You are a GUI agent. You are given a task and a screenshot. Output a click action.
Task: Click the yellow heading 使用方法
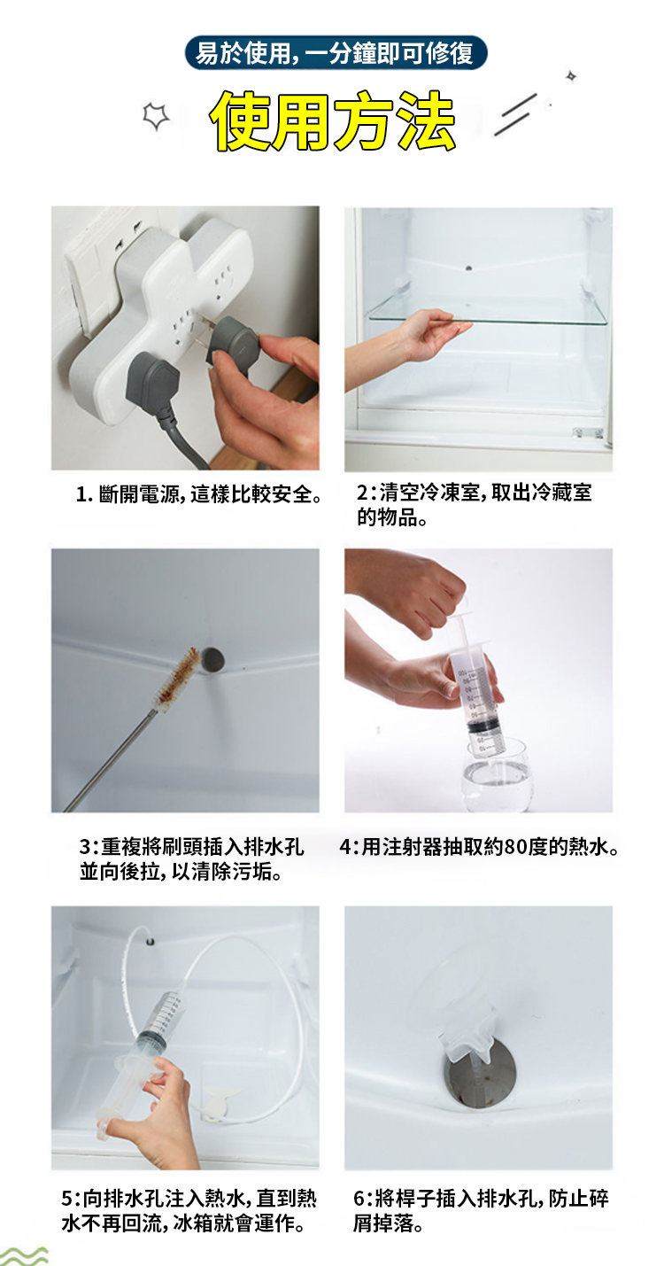click(332, 120)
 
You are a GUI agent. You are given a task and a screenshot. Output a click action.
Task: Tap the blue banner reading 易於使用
click(336, 53)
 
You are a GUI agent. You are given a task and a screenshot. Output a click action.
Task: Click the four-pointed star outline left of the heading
click(156, 116)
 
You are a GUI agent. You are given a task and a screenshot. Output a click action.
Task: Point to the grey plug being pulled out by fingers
click(233, 342)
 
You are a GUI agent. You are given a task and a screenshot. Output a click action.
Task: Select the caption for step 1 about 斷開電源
click(200, 494)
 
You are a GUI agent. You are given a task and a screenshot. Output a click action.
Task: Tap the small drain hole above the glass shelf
click(468, 267)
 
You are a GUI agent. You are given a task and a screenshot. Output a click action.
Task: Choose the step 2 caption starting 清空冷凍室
click(475, 504)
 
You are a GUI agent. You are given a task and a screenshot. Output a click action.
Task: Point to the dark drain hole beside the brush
click(213, 659)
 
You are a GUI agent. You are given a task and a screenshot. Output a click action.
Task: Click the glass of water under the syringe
click(496, 773)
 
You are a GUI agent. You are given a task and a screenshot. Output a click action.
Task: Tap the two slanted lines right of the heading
click(515, 115)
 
